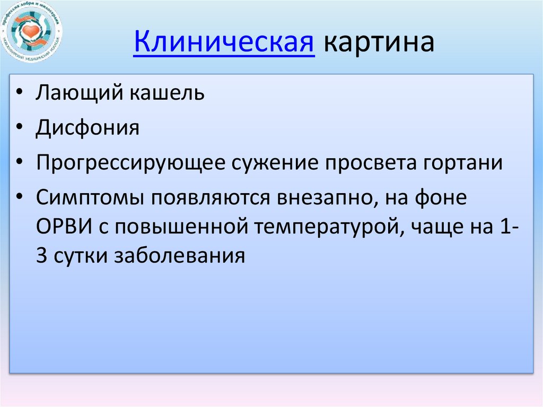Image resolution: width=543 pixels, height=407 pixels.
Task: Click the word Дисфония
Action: pos(87,128)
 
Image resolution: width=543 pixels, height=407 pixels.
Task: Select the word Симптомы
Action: pos(91,197)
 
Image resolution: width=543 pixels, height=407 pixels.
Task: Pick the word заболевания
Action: pos(179,256)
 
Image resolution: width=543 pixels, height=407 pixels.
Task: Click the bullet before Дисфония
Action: pos(19,128)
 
